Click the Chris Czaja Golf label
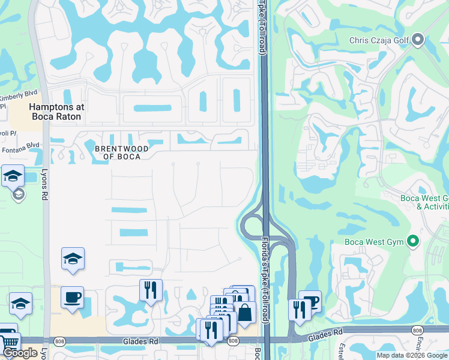[x=379, y=41]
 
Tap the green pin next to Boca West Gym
[x=412, y=242]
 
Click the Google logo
[x=20, y=352]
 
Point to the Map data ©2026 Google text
[x=411, y=355]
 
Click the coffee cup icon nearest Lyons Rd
[x=73, y=297]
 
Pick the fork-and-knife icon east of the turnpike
[x=299, y=309]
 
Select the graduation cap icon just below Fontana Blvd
[x=13, y=176]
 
